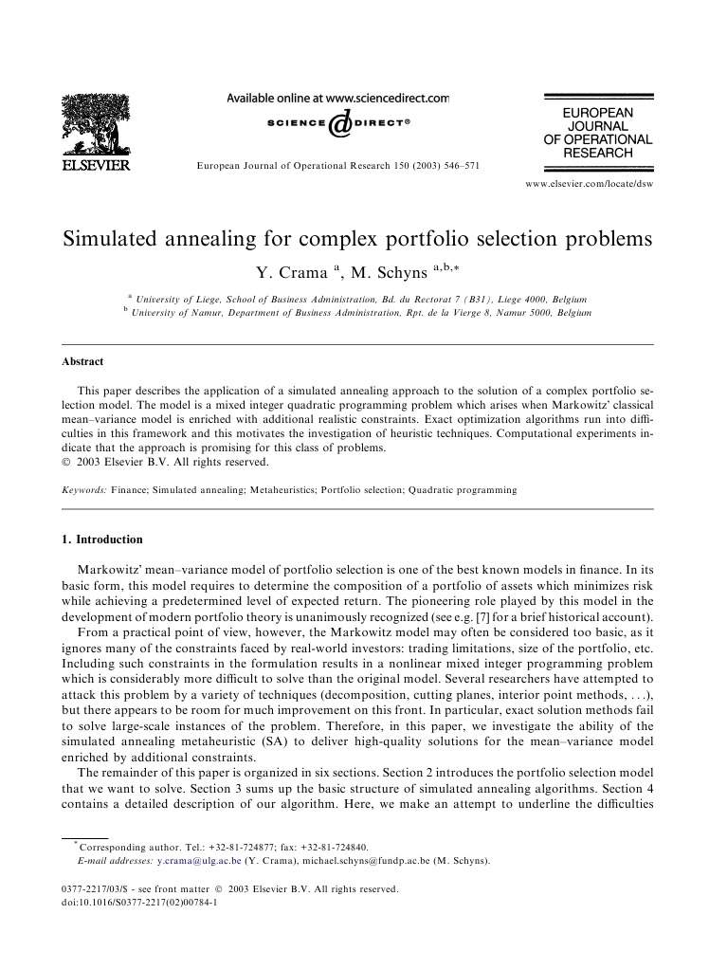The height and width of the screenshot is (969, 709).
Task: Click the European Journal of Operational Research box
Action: point(597,132)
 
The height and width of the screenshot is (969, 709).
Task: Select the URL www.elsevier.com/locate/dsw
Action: point(588,183)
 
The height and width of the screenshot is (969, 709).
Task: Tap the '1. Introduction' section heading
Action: point(101,539)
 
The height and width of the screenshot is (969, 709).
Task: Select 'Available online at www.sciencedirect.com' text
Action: point(337,98)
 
